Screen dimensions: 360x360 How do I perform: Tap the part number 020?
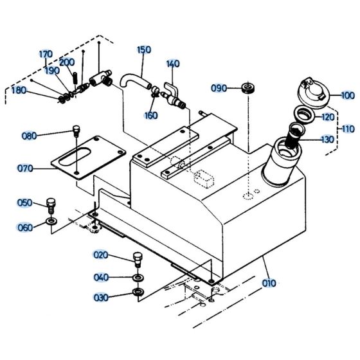point(102,255)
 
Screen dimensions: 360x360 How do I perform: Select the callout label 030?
point(102,297)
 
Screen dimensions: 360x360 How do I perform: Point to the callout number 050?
point(25,203)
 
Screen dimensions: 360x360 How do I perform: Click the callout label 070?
point(25,169)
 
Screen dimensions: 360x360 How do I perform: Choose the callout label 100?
point(348,96)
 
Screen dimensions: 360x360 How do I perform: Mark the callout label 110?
point(348,129)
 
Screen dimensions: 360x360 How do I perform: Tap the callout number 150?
point(144,49)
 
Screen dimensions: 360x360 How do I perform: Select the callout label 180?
point(19,91)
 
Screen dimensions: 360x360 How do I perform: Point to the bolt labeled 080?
point(76,131)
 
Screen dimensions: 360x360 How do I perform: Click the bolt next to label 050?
point(51,206)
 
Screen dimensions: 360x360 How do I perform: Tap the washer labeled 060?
point(50,222)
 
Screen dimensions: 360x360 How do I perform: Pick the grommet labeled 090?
point(248,87)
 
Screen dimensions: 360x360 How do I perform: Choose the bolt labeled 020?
point(136,259)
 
